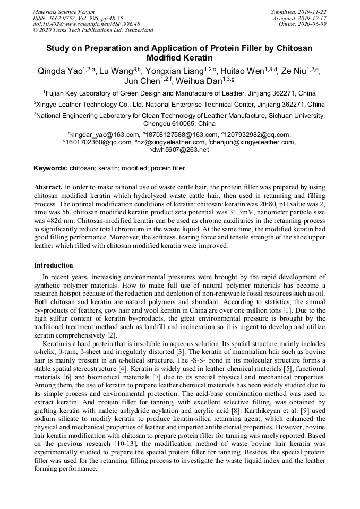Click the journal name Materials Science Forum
[x=64, y=12]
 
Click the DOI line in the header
[x=87, y=24]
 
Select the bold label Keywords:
[x=50, y=168]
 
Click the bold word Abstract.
[x=48, y=187]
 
